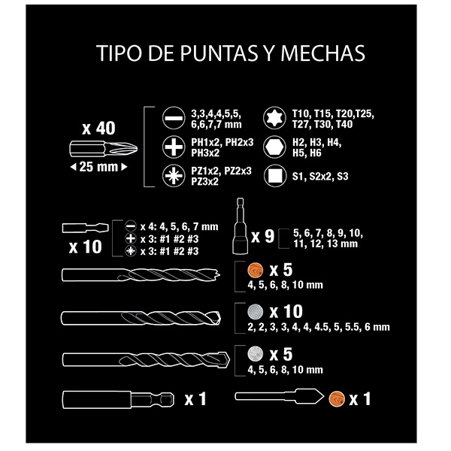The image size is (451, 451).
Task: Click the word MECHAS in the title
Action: click(x=322, y=53)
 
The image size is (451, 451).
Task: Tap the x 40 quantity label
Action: click(x=98, y=128)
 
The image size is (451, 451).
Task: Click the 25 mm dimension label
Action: click(x=98, y=167)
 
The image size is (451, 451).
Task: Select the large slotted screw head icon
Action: click(x=174, y=118)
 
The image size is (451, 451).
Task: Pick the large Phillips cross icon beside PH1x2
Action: click(x=174, y=147)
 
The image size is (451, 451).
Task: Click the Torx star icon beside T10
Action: click(x=274, y=118)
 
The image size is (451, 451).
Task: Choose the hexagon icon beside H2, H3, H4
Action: click(x=274, y=147)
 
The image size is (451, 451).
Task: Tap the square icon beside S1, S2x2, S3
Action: click(x=275, y=176)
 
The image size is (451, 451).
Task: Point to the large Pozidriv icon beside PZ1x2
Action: click(x=174, y=176)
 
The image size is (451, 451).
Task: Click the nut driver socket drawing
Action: click(x=241, y=226)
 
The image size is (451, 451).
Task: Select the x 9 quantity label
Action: click(x=263, y=237)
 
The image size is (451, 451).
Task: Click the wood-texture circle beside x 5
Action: click(x=255, y=271)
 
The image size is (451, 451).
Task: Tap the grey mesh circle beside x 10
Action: click(x=255, y=312)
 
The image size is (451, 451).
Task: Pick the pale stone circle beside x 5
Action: click(x=255, y=353)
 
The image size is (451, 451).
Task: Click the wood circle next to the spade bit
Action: click(x=337, y=399)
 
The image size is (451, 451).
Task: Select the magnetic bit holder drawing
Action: click(x=118, y=400)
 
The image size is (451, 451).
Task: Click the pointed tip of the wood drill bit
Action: click(x=219, y=274)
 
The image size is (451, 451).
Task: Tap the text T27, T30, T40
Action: click(x=322, y=125)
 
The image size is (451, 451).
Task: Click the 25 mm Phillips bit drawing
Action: click(x=103, y=149)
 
